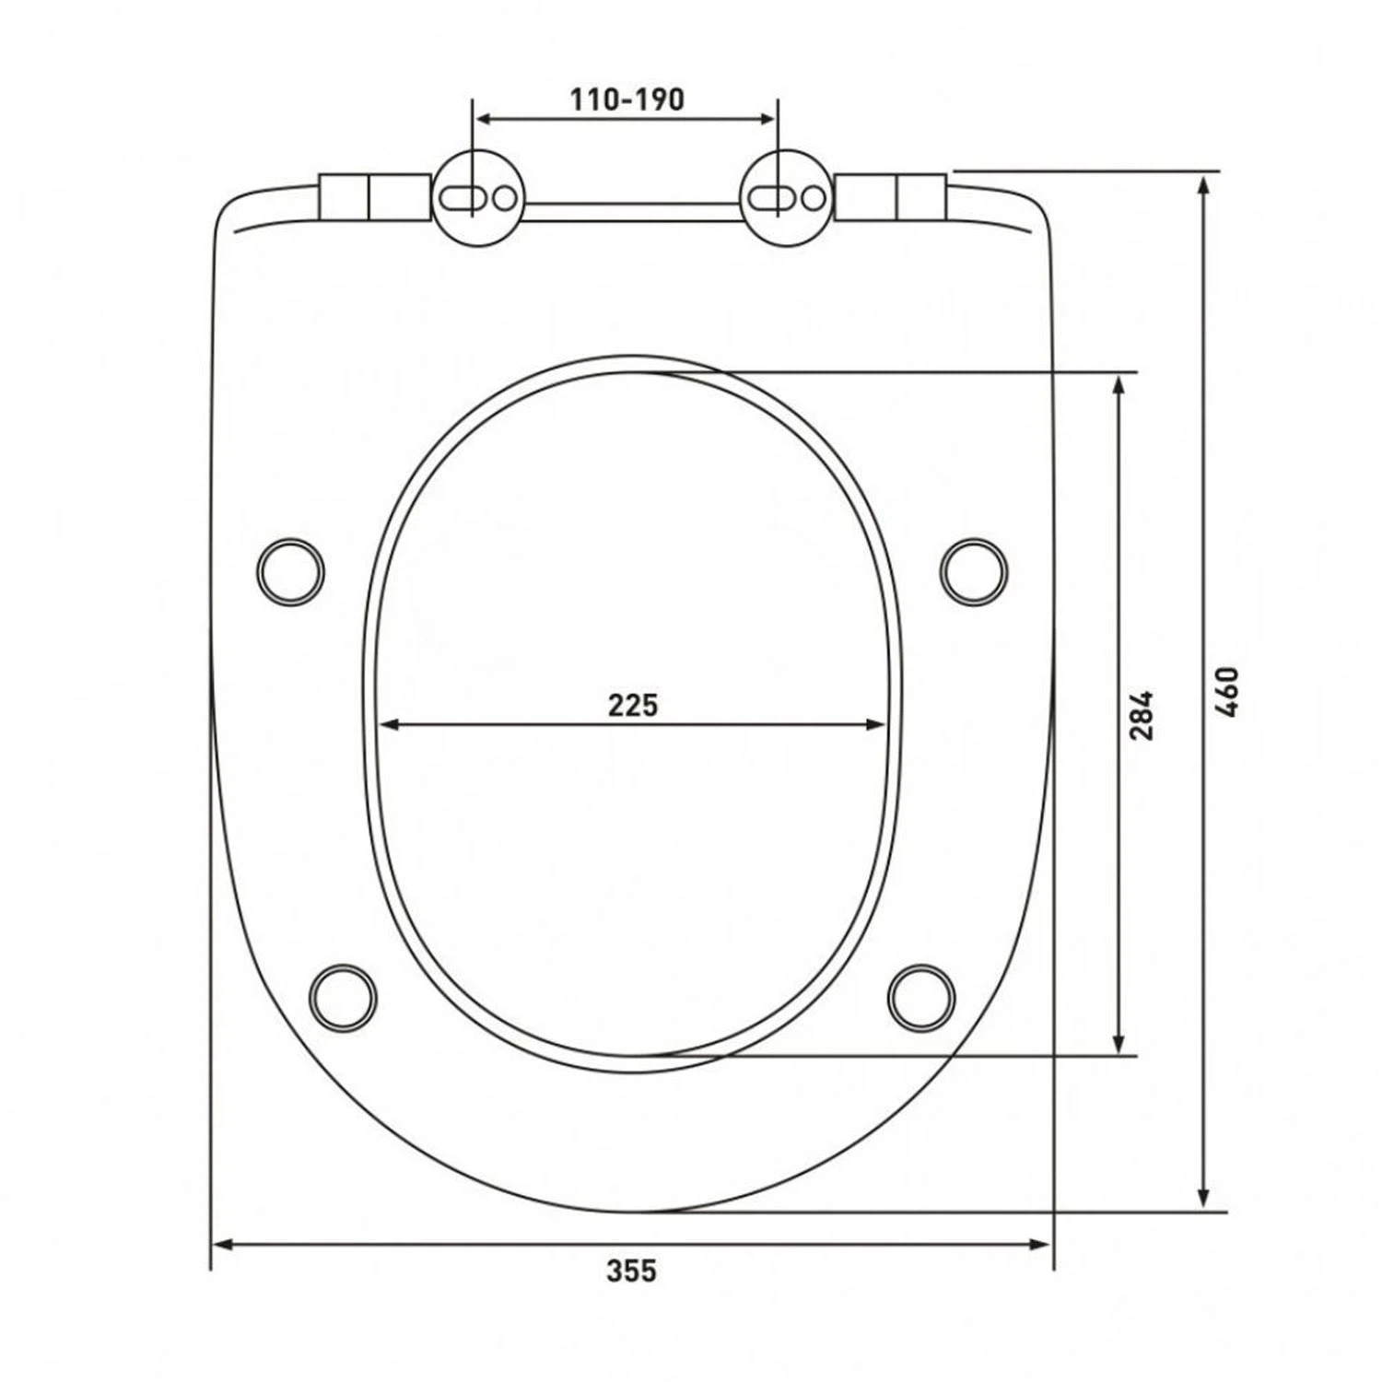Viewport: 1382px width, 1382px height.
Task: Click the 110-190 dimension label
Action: pyautogui.click(x=627, y=100)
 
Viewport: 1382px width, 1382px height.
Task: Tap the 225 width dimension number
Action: pyautogui.click(x=634, y=706)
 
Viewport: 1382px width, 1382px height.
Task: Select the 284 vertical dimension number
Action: pyautogui.click(x=1142, y=714)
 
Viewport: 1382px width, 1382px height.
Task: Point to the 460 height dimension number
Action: pyautogui.click(x=1227, y=693)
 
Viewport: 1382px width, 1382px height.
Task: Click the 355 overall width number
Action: pyautogui.click(x=632, y=1271)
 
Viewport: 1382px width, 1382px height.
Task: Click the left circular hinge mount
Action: pyautogui.click(x=478, y=198)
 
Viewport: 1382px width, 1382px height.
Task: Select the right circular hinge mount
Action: pyautogui.click(x=787, y=198)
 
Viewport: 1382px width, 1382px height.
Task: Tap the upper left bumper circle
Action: pyautogui.click(x=290, y=571)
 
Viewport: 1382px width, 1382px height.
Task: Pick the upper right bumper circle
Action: pyautogui.click(x=974, y=571)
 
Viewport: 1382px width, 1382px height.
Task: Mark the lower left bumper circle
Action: pyautogui.click(x=343, y=997)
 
